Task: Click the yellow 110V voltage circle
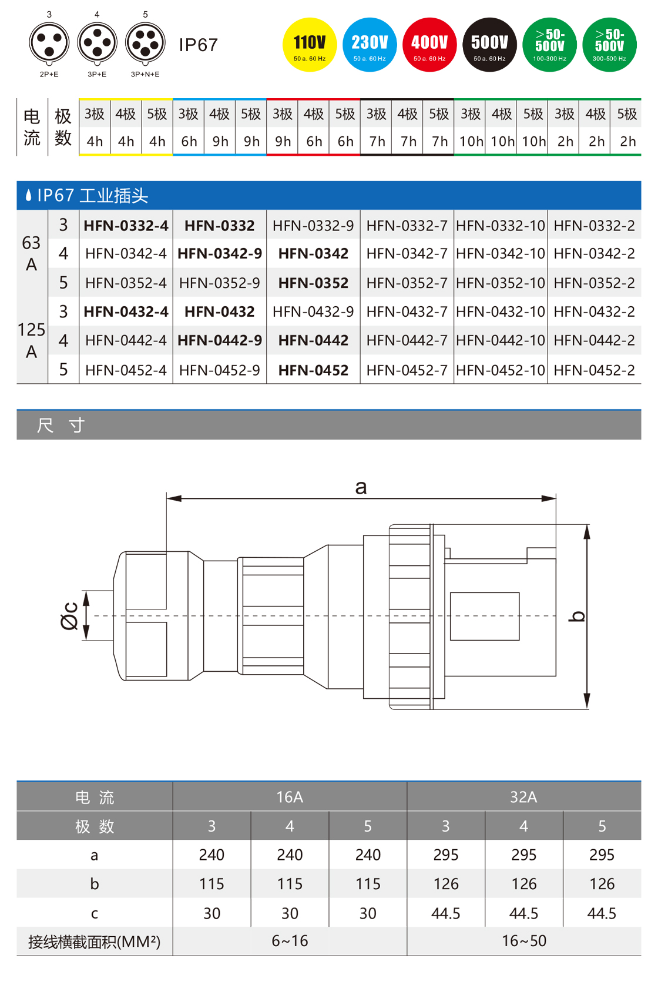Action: point(310,45)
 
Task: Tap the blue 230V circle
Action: point(370,45)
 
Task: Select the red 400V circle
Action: point(429,45)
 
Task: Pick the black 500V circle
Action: point(489,45)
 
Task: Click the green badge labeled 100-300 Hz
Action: point(549,45)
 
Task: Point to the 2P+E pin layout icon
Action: point(49,43)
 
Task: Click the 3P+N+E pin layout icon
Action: point(145,43)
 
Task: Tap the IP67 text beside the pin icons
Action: point(198,45)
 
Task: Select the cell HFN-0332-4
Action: point(126,226)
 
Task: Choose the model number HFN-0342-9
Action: point(220,254)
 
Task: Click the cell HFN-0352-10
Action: point(501,283)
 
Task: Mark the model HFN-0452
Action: point(313,370)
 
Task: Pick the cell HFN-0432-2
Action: point(594,311)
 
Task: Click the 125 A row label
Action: point(32,340)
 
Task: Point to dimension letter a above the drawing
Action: point(361,487)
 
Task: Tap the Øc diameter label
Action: point(69,615)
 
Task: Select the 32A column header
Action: point(523,797)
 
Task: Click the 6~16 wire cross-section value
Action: point(290,941)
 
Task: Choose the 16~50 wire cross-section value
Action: point(523,941)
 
